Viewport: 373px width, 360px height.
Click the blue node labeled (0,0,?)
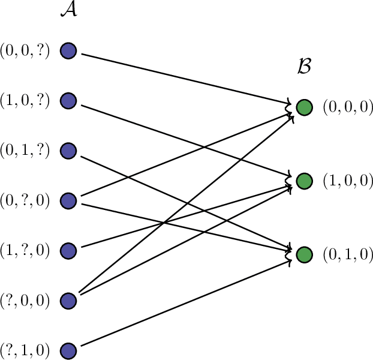pyautogui.click(x=68, y=51)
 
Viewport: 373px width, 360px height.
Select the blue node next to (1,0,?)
pyautogui.click(x=68, y=101)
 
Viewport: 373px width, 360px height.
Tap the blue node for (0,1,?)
pyautogui.click(x=68, y=151)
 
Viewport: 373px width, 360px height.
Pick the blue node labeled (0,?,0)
pyautogui.click(x=68, y=200)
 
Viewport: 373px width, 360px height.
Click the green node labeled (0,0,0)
pyautogui.click(x=304, y=107)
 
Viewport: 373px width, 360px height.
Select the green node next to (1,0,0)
pyautogui.click(x=304, y=181)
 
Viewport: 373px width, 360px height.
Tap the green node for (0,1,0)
pyautogui.click(x=304, y=254)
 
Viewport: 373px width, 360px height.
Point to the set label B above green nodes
pyautogui.click(x=304, y=67)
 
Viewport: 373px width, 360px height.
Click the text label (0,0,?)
pyautogui.click(x=25, y=51)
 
